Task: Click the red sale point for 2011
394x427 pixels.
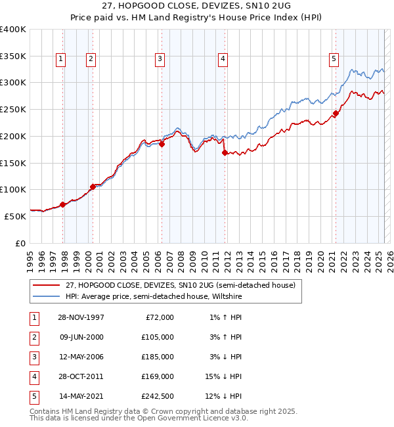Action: coord(225,152)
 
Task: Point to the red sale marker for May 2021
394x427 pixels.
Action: coord(336,113)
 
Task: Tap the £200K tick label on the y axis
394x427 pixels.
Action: coord(13,136)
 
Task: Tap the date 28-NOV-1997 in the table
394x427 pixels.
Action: coord(81,317)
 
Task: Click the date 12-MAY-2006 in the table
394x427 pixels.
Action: coord(81,357)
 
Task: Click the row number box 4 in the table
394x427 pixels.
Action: coord(33,376)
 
